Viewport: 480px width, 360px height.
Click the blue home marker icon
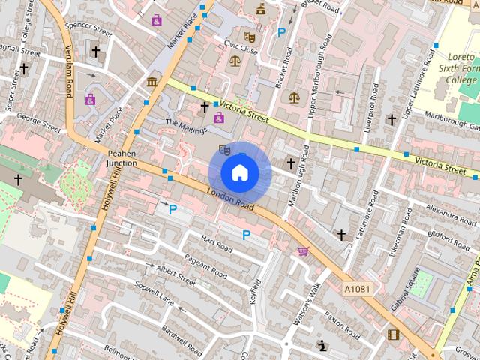(x=239, y=172)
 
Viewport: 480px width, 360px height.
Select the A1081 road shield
(x=357, y=289)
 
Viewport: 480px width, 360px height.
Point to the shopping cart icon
(x=303, y=251)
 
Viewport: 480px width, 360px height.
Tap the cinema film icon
(x=393, y=333)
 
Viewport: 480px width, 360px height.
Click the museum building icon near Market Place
(x=151, y=81)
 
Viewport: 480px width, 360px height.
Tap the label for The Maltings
(x=185, y=127)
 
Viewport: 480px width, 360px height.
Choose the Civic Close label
(x=241, y=49)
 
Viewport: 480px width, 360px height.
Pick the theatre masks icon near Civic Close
(x=250, y=36)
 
